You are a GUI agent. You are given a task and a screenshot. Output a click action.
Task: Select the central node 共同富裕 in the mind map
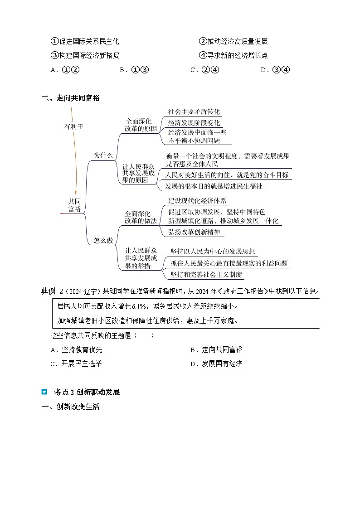coord(74,205)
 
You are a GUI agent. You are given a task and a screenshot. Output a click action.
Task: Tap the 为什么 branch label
coord(103,155)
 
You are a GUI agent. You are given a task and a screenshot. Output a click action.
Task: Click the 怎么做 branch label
coord(103,241)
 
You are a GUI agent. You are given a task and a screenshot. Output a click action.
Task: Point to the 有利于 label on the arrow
coord(73,127)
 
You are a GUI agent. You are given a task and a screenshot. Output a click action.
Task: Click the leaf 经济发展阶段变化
coord(194,123)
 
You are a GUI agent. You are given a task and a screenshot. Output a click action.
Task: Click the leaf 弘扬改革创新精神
coord(194,232)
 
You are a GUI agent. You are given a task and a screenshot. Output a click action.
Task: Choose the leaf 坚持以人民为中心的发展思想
coord(213,252)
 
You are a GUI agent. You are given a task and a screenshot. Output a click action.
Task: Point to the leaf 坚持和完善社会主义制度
coord(206,275)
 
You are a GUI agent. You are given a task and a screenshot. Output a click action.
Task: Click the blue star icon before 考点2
coord(44,392)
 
